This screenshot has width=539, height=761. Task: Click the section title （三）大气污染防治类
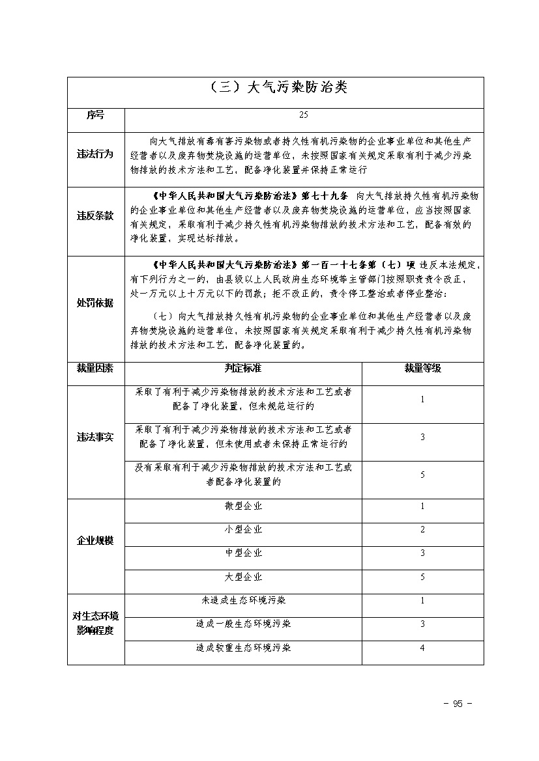click(275, 89)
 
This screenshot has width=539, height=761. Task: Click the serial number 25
click(304, 115)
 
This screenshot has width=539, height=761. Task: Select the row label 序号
click(95, 115)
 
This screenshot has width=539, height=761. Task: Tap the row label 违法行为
click(95, 155)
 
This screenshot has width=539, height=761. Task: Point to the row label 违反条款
click(95, 215)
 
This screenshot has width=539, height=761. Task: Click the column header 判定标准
click(243, 368)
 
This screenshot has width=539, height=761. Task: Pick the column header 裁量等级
click(422, 368)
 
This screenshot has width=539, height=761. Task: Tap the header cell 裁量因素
click(95, 368)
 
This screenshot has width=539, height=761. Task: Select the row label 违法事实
click(95, 437)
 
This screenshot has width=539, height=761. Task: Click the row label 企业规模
click(95, 541)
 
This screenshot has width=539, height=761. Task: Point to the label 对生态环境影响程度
click(95, 623)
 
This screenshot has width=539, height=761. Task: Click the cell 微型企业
click(243, 506)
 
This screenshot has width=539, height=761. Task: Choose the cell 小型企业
click(243, 530)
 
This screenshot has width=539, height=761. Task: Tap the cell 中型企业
click(243, 553)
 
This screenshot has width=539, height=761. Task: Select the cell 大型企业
click(243, 577)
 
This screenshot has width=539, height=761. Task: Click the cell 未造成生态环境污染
click(243, 600)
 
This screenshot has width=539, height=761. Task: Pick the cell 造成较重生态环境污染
click(243, 648)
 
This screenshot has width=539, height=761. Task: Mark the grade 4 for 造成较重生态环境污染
click(422, 648)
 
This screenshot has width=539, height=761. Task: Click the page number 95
click(457, 704)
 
